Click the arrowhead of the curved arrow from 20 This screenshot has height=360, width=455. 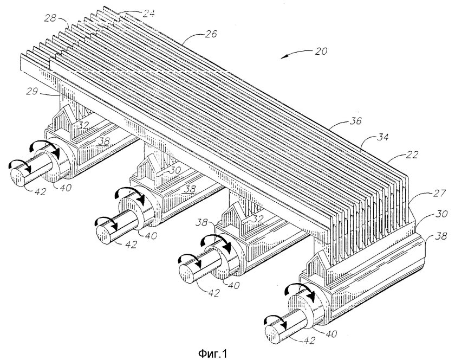(282, 56)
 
